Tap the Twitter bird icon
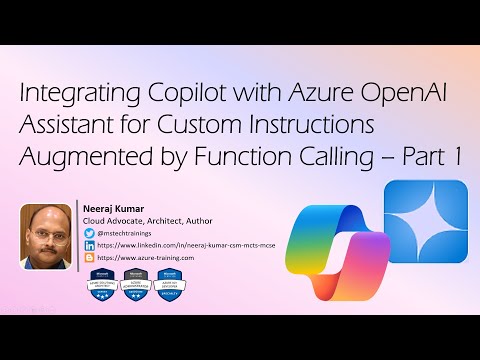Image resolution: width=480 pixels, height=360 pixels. pos(90,232)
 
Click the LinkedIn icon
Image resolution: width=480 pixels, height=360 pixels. pos(90,244)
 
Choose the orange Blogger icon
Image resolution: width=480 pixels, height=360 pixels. pos(90,257)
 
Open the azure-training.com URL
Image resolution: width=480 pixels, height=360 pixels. pos(146,257)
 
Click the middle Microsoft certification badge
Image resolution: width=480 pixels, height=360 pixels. pos(134,284)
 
